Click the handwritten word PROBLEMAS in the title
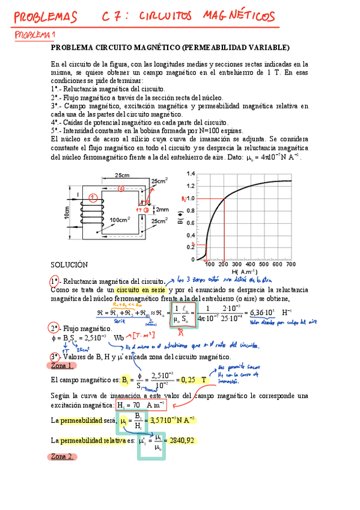(x=46, y=16)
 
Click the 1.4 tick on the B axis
(x=191, y=174)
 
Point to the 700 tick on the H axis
(x=290, y=264)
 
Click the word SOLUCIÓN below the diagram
(x=70, y=265)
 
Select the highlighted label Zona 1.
(x=62, y=365)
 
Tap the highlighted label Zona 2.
(x=62, y=456)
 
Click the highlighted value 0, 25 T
(x=192, y=379)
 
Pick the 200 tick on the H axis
(x=223, y=264)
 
